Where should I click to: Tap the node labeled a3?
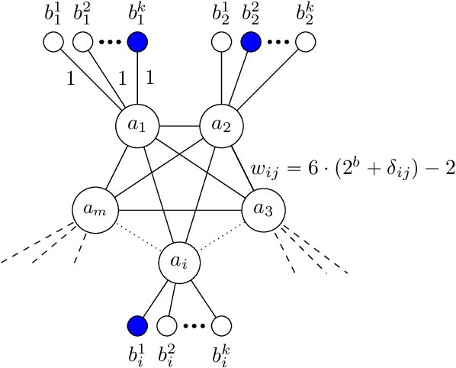(x=263, y=208)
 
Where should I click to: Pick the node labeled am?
(x=93, y=208)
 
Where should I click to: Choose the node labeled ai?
(x=178, y=263)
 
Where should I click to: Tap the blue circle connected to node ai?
(x=136, y=326)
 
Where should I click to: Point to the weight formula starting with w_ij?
(x=352, y=167)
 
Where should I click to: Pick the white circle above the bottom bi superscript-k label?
(x=221, y=326)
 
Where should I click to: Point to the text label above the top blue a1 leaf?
(x=137, y=13)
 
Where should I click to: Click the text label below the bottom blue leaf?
(x=137, y=354)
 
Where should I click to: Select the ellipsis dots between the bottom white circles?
(x=194, y=327)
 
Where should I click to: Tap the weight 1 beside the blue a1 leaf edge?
(x=149, y=76)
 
